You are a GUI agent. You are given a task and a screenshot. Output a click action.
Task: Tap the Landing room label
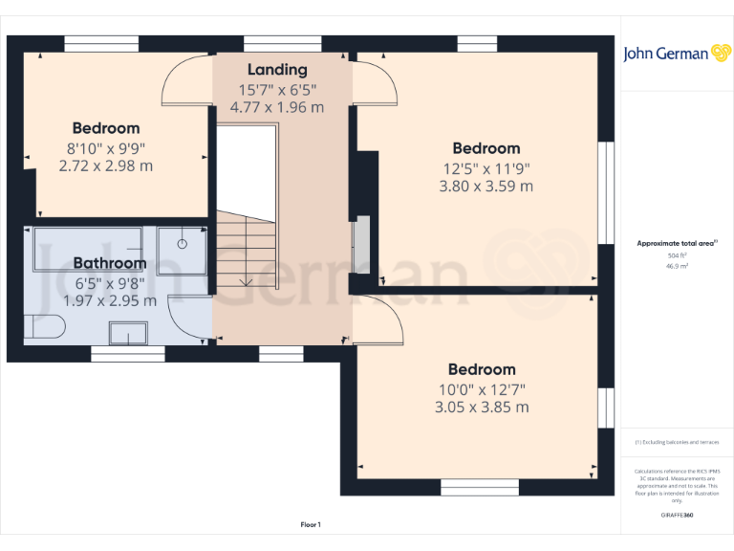click(x=277, y=70)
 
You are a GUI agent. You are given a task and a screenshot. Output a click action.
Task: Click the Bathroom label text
click(x=110, y=263)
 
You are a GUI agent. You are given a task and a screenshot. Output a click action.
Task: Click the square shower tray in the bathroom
click(x=181, y=250)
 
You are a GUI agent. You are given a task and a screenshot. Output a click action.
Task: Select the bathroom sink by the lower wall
click(x=128, y=333)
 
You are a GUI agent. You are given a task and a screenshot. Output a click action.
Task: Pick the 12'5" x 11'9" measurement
click(x=486, y=168)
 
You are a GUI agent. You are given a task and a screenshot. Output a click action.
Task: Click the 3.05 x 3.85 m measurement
click(x=482, y=408)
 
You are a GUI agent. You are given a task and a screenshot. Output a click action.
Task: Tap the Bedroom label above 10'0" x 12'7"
click(x=482, y=369)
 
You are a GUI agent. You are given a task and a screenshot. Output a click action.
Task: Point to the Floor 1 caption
click(x=311, y=524)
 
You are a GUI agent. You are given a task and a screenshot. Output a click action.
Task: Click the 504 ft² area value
click(x=677, y=256)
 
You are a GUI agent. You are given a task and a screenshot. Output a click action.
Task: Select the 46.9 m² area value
click(x=677, y=267)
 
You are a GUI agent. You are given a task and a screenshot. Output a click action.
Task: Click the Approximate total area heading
click(x=677, y=244)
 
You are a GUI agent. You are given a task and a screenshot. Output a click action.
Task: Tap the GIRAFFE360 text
click(x=677, y=515)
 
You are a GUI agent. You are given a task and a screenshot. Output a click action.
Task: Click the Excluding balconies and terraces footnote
click(x=677, y=442)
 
